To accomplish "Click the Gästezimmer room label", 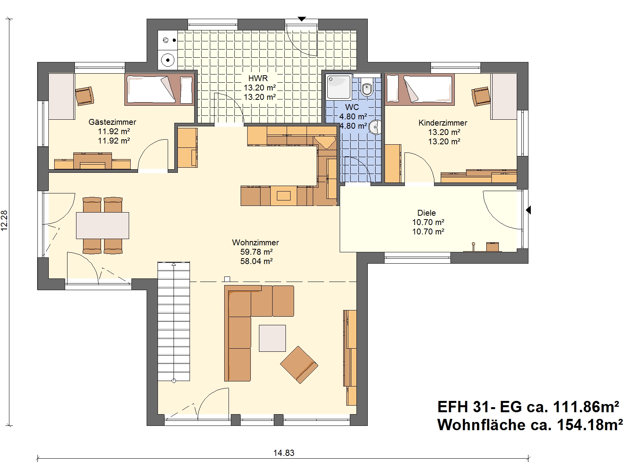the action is point(112,122).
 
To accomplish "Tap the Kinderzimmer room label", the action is point(443,123).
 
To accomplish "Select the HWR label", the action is point(258,78).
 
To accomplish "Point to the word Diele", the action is point(426,213).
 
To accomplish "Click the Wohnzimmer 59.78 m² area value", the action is point(256,252).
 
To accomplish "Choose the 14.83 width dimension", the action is point(284,453).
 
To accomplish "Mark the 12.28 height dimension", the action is point(4,220).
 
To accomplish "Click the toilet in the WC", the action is point(367,86).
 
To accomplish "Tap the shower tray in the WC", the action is point(339,87).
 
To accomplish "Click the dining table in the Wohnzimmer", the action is point(102,225).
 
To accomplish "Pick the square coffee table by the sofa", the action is point(272,338).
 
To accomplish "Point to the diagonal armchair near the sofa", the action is point(299,365).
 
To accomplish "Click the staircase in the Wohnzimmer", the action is point(174,321).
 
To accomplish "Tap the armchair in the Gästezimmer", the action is point(84,96).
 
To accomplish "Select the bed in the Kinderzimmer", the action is point(419,89).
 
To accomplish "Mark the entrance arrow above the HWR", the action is point(301,19).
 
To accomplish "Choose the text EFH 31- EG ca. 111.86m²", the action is point(528,407).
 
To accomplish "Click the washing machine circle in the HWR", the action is point(168,60).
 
